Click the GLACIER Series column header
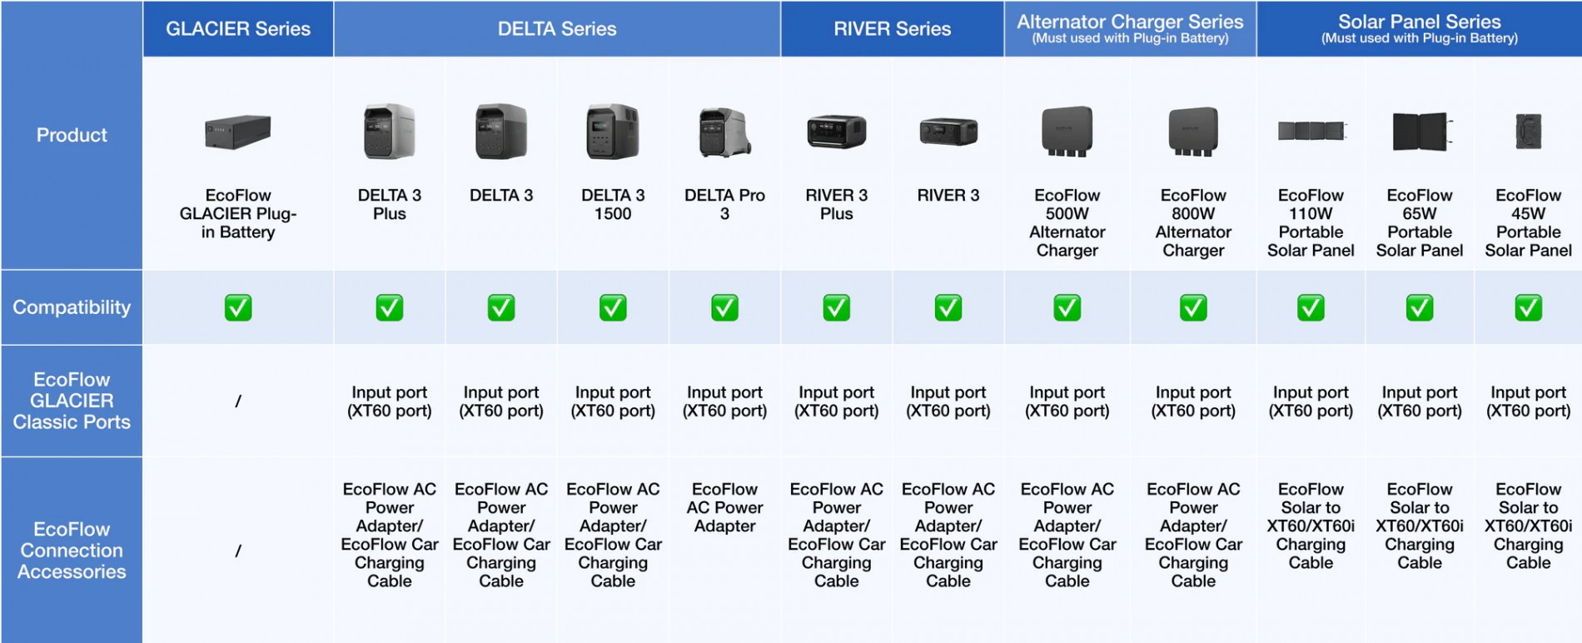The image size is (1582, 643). tap(238, 29)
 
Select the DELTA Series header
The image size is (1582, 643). tap(557, 29)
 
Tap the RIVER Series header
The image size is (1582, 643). tap(892, 29)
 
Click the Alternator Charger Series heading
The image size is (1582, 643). tap(1130, 22)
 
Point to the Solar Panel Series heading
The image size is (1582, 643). tap(1419, 22)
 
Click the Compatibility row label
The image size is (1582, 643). tap(72, 307)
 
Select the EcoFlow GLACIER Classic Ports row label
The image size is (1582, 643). tap(72, 401)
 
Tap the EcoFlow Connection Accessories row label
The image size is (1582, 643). tap(72, 551)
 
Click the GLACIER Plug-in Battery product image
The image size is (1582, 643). tap(238, 132)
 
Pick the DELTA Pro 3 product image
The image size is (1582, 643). tap(724, 132)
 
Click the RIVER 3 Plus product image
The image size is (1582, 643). tap(836, 132)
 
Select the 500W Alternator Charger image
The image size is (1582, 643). tap(1067, 132)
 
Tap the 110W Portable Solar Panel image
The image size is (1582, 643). tap(1311, 131)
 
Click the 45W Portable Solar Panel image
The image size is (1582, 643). tap(1528, 132)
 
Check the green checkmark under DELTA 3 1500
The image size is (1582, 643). tap(613, 308)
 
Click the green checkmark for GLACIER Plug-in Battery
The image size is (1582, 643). tap(238, 308)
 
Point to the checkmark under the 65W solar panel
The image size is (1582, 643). tap(1419, 308)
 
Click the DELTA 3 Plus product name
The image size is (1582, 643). tap(389, 204)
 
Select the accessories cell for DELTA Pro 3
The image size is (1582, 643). tap(724, 507)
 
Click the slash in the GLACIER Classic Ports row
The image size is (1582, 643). tap(238, 401)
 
